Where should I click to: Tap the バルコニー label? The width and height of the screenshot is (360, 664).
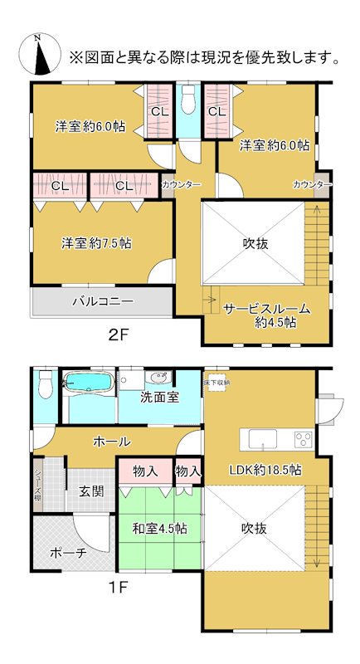(102, 301)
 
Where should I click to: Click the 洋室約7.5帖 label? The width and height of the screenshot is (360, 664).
(96, 243)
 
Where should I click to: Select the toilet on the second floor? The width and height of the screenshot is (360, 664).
(188, 99)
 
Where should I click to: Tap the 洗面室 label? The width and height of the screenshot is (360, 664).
(159, 397)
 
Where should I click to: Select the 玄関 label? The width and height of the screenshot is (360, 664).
(91, 491)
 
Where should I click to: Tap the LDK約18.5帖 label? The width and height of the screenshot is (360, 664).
(265, 471)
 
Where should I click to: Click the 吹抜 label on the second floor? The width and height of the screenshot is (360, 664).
(255, 243)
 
